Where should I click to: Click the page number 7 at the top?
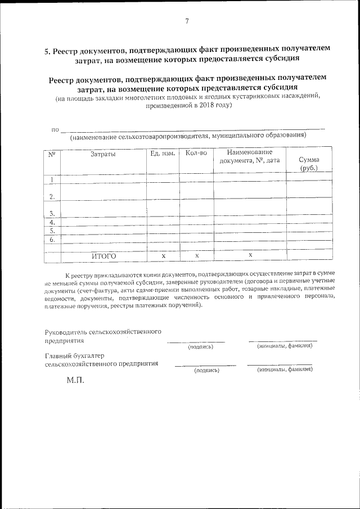186,21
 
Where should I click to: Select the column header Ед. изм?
163,153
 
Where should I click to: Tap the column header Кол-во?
196,153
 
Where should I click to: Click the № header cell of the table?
51,154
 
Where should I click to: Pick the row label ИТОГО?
103,256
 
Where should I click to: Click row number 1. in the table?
52,180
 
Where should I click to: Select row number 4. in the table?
52,222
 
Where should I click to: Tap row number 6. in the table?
52,240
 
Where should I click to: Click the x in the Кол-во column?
197,256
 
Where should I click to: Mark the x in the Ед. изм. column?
163,256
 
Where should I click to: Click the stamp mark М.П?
74,380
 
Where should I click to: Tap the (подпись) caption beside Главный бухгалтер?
205,371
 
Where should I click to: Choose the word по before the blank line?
55,130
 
